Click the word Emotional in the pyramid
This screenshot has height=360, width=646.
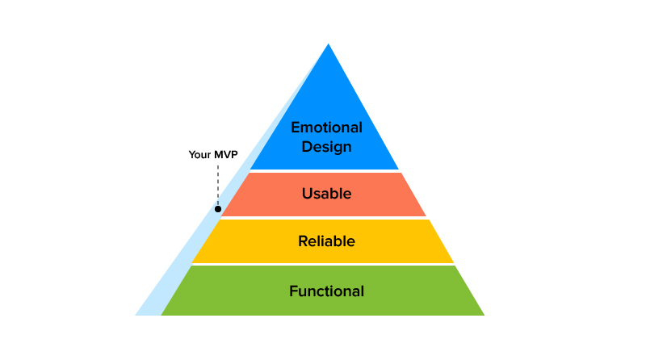point(326,128)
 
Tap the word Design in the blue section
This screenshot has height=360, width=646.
point(326,147)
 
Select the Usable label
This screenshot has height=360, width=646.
point(326,194)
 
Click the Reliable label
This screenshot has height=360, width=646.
point(326,241)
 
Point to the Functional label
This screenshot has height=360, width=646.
point(326,291)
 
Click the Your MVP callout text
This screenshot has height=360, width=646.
point(213,155)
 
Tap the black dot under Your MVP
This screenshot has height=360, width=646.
point(218,209)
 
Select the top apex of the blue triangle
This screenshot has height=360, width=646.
point(328,44)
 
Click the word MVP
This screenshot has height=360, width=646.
point(225,155)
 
